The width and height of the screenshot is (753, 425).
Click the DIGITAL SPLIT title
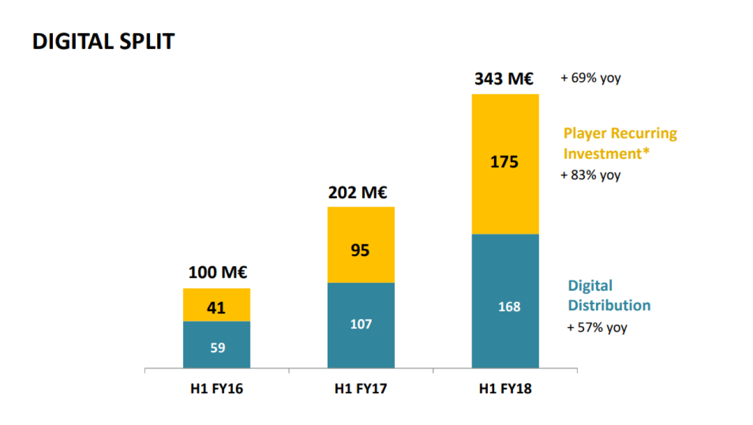[103, 41]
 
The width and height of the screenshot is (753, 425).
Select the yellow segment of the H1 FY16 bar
[216, 305]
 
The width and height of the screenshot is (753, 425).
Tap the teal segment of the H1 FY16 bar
[216, 344]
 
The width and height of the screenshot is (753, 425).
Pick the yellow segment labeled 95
[361, 244]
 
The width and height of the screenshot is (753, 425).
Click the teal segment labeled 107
[361, 326]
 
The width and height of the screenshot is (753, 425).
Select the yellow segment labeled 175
[505, 164]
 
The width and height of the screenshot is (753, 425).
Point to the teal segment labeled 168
[505, 301]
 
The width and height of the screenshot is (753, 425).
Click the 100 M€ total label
[218, 273]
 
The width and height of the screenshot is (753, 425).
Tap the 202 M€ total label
[358, 192]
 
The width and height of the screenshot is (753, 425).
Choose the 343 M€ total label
[504, 79]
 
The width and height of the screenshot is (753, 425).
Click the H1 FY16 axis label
[216, 389]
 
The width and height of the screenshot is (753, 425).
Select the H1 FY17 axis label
[361, 389]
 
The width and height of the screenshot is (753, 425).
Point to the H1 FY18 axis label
[505, 389]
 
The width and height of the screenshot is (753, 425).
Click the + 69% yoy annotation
[591, 78]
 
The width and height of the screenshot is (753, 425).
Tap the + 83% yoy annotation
[591, 175]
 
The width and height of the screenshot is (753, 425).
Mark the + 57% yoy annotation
[597, 327]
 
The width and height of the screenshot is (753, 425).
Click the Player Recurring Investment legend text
[620, 144]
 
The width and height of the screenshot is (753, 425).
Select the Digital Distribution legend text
[609, 295]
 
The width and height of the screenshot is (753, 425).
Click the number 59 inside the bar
[218, 348]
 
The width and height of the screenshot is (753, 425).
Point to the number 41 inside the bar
[216, 308]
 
